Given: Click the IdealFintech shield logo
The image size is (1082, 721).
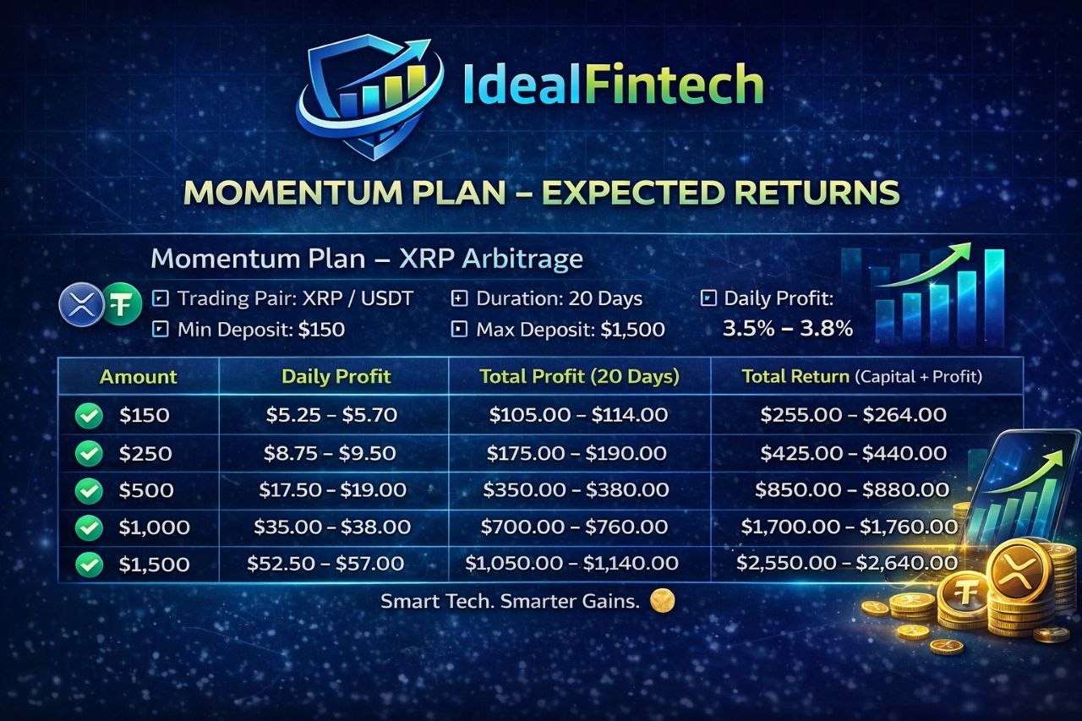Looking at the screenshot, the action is pos(369,96).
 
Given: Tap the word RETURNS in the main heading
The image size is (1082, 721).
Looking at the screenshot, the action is pos(817,192).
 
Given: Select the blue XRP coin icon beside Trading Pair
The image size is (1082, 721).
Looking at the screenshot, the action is pos(82,305).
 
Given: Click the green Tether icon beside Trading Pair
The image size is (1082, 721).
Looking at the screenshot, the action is pos(122,305).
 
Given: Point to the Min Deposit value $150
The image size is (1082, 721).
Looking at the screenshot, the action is pos(321,330).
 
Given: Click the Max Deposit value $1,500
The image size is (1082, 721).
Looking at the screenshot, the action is pos(633,330).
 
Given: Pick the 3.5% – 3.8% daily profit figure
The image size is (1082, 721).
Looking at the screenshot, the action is pos(787,329).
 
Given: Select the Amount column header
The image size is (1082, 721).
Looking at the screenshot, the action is pos(138,377).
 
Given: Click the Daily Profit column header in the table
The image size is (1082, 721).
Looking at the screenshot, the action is pos(336,376).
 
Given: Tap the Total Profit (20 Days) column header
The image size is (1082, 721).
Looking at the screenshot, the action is pos(579,376).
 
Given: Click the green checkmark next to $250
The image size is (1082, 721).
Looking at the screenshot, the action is pos(89,453).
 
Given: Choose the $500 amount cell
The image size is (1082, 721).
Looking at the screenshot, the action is pos(146,490).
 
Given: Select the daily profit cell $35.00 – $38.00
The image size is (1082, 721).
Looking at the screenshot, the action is pos(332,527).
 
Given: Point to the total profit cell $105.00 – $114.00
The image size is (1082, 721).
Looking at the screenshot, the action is pos(578,414).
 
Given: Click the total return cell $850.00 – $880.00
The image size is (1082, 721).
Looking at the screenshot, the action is pos(852,489).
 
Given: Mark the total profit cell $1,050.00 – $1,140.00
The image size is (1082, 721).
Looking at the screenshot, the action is pos(571,563).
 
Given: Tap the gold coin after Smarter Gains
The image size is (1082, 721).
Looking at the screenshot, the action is pos(662,601).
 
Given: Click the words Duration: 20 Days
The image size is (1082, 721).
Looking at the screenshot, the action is pos(559,298).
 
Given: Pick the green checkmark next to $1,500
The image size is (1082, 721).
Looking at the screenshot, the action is pos(89,565).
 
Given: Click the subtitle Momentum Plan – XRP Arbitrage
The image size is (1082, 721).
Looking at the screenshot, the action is pos(367,259).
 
